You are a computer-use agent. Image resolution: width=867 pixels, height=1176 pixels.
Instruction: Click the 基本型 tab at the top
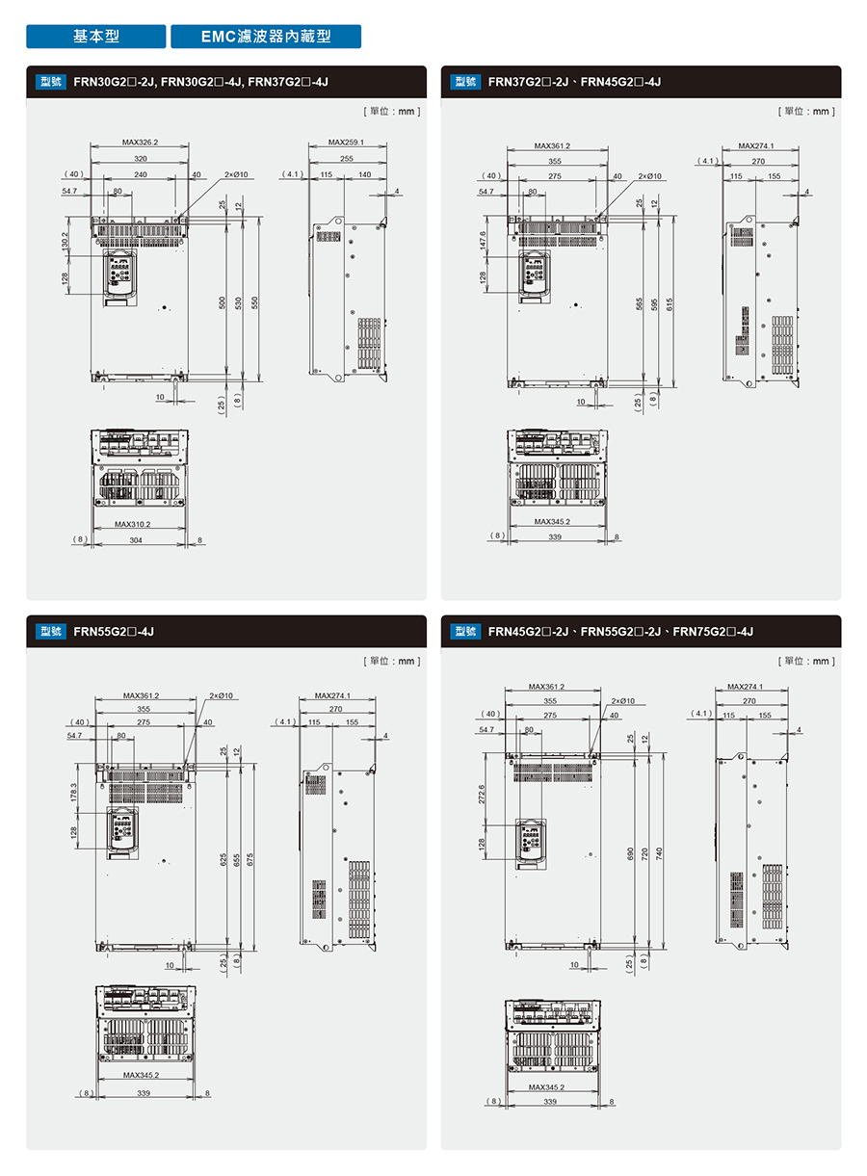point(96,37)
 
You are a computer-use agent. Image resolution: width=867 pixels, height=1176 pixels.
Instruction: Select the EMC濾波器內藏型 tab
point(266,37)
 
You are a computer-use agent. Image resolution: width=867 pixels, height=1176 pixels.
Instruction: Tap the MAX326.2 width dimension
point(141,143)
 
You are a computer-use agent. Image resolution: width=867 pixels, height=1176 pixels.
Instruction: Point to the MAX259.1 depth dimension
point(346,143)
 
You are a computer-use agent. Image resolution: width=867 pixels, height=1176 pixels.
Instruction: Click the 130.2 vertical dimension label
point(66,242)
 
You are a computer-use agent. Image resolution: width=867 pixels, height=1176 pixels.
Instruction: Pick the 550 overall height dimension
point(254,301)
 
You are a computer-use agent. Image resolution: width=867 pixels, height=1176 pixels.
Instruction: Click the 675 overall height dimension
point(251,857)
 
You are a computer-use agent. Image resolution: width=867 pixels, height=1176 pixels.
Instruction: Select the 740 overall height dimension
point(660,854)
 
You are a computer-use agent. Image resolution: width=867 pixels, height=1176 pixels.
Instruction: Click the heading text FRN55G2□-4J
point(114,632)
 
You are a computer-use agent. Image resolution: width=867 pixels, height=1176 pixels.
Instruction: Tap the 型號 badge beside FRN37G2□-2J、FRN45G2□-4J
point(465,82)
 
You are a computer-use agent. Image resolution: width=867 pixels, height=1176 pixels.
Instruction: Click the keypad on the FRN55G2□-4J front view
point(121,829)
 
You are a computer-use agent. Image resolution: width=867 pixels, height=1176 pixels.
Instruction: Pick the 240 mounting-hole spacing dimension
point(141,174)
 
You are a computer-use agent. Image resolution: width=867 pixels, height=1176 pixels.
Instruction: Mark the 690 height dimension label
point(631,854)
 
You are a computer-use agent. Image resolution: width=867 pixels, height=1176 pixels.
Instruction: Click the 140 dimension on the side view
point(363,174)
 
